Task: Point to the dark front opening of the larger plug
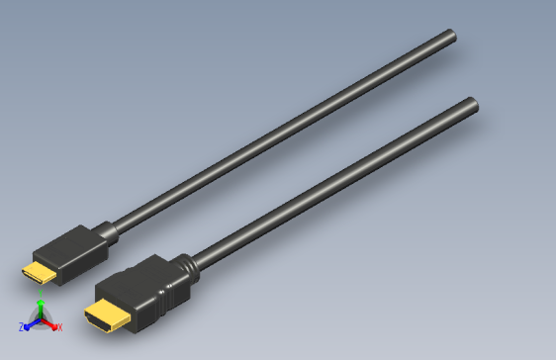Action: point(99,322)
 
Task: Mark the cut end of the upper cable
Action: point(451,37)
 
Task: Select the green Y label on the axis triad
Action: point(41,305)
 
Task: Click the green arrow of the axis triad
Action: point(41,314)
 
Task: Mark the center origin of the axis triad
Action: point(41,321)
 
